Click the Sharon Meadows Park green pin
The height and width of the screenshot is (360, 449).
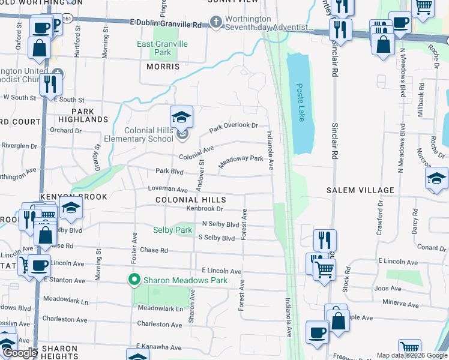134,280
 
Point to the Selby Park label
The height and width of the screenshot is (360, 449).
172,230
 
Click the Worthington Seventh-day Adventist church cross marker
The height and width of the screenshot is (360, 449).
215,23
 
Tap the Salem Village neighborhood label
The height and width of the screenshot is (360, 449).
360,190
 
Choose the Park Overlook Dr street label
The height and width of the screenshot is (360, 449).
234,128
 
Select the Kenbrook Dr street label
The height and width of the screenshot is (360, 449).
204,209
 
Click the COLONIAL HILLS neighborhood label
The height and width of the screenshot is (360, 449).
190,200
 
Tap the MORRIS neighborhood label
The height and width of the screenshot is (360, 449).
163,67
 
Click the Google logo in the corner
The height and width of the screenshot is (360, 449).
20,353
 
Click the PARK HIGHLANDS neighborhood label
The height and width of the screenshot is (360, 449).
83,116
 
